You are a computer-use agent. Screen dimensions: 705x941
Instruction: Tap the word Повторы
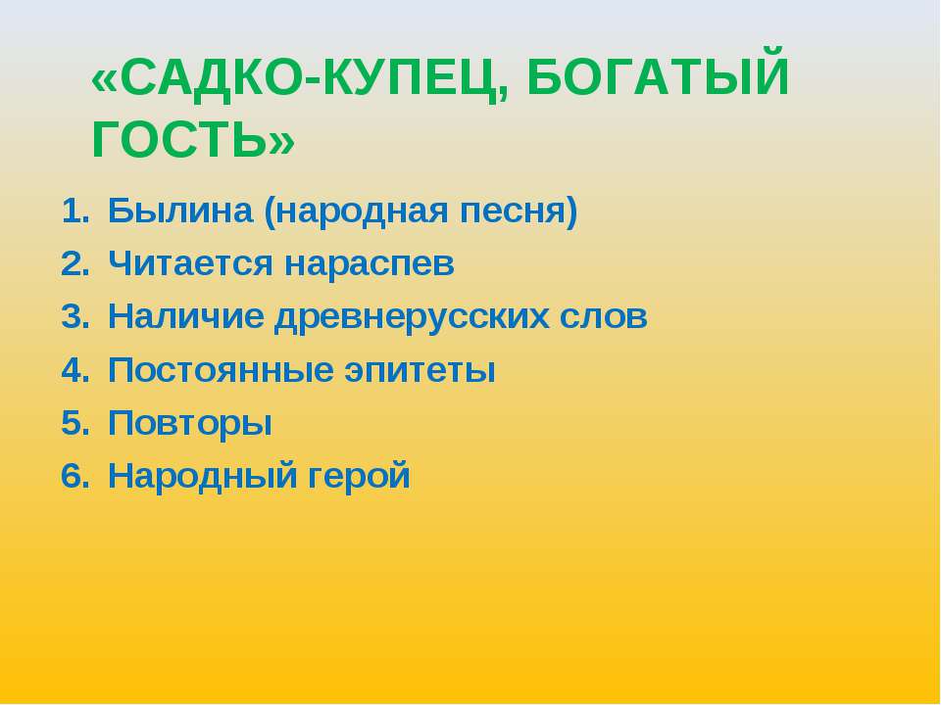tap(190, 424)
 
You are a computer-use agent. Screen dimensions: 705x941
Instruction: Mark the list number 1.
tap(74, 211)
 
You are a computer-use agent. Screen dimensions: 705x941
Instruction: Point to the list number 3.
tap(74, 317)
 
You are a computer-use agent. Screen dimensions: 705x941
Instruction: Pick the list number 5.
tap(74, 424)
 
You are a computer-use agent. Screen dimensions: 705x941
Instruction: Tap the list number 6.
tap(74, 477)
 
